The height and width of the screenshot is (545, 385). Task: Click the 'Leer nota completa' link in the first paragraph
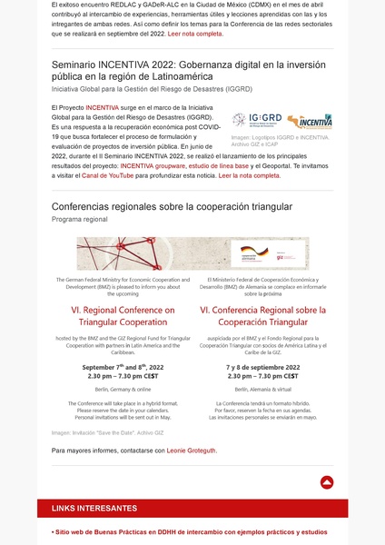pyautogui.click(x=195, y=33)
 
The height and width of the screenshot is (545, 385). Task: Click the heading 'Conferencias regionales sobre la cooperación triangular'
pyautogui.click(x=172, y=207)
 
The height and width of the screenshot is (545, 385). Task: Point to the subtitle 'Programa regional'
pyautogui.click(x=80, y=220)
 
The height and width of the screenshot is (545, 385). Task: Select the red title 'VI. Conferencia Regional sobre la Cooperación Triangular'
pyautogui.click(x=262, y=317)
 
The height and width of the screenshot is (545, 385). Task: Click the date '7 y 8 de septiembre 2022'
pyautogui.click(x=262, y=367)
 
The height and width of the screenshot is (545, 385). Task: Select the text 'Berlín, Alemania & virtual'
pyautogui.click(x=262, y=388)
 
